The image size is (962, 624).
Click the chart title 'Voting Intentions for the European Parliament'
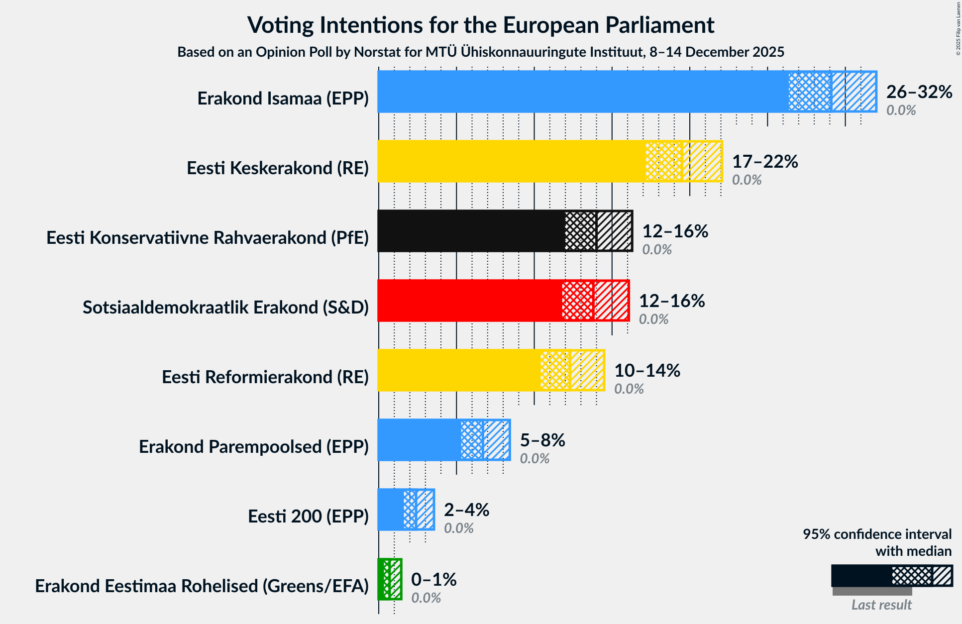481,25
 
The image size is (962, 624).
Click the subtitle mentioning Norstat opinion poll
481,52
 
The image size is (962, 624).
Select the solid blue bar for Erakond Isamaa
582,92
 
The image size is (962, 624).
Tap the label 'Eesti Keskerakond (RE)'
278,168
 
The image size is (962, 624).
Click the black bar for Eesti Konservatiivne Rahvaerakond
471,231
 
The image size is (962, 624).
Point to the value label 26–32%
919,92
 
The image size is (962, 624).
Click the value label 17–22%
764,162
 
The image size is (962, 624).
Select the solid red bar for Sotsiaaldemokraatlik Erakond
469,301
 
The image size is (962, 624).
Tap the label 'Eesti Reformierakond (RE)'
265,377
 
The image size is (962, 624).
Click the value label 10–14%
646,371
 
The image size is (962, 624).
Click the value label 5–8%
542,440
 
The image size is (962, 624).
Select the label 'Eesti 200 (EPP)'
308,517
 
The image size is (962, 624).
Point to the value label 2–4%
466,510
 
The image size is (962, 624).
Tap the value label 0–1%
433,580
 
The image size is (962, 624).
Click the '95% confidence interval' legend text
876,534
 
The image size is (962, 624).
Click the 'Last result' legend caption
881,605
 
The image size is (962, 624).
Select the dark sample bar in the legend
861,576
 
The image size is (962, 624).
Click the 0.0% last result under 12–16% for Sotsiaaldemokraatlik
653,319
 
